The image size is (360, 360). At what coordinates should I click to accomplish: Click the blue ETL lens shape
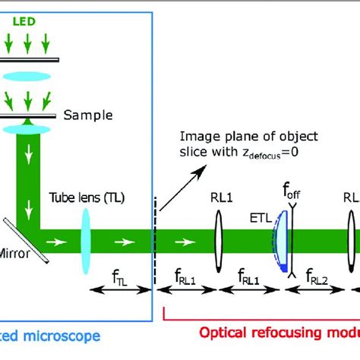(282, 242)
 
